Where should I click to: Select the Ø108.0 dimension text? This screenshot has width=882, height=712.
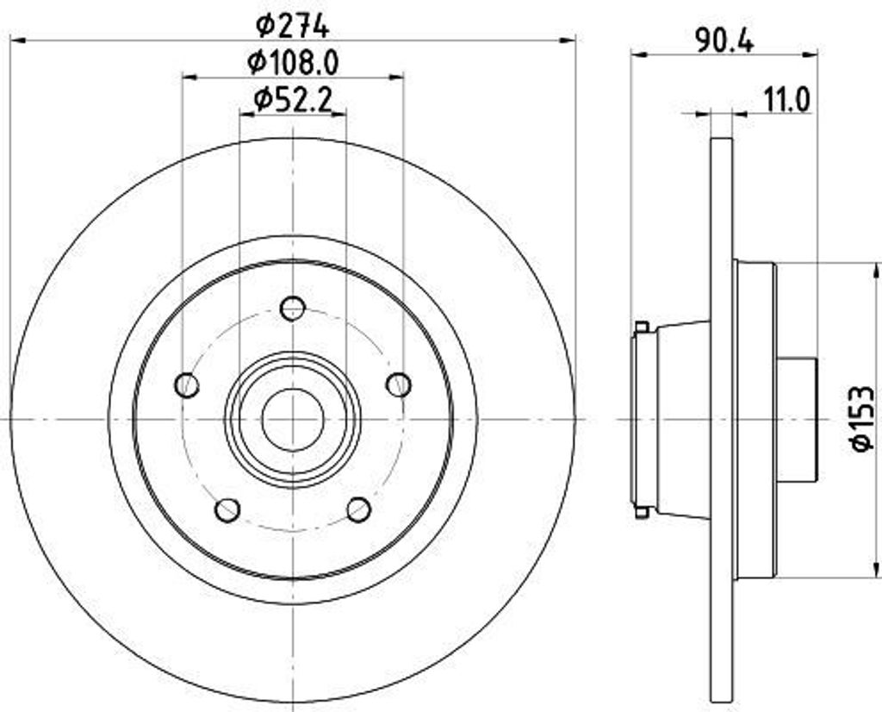click(x=293, y=62)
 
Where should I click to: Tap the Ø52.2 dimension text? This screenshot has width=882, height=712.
click(x=293, y=101)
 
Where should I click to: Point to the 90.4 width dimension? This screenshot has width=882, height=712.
click(x=724, y=40)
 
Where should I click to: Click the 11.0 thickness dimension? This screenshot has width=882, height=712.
click(x=786, y=100)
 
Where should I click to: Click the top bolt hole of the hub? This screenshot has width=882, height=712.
click(x=293, y=308)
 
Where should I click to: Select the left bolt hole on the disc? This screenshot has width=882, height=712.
click(x=187, y=385)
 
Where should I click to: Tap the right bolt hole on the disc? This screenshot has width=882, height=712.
click(x=399, y=384)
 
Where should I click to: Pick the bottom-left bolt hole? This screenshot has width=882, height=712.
click(x=227, y=509)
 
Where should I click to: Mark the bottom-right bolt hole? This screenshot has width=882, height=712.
click(x=358, y=509)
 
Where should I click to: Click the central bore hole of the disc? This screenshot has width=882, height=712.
click(x=293, y=420)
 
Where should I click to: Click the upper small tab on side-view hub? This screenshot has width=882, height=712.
click(x=641, y=327)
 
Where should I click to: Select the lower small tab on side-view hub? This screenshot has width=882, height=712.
click(x=641, y=512)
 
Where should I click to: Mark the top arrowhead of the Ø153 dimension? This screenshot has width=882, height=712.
click(x=876, y=271)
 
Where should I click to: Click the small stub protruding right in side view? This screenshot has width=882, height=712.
click(x=796, y=419)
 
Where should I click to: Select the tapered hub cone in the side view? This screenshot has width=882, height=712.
click(x=683, y=420)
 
